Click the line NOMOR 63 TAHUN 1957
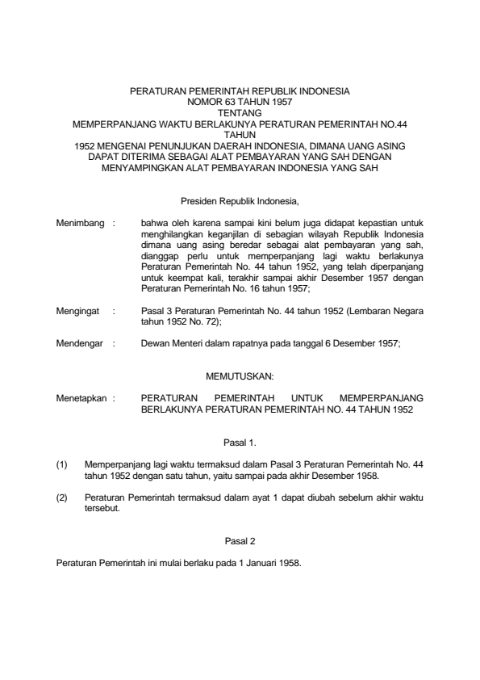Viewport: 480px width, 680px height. pos(240,103)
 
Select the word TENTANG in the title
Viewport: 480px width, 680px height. pos(240,114)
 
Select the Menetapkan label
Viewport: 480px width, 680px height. pos(81,398)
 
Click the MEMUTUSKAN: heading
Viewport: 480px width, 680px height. pos(240,376)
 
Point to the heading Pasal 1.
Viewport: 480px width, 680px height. pos(240,442)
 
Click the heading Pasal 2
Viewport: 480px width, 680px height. pos(240,540)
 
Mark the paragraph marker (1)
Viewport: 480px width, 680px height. pos(61,466)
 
